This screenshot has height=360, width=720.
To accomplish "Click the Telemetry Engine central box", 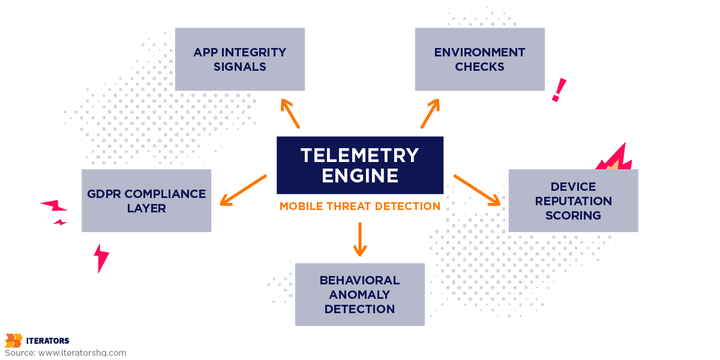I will (x=360, y=165).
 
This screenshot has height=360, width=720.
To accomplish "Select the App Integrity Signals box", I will (x=240, y=59).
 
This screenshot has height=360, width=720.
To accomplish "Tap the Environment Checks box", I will (x=480, y=59).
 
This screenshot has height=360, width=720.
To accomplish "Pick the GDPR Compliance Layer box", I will (x=146, y=201).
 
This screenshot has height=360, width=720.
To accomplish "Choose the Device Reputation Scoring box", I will (x=573, y=201).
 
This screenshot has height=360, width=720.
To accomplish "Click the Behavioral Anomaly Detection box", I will (x=360, y=295).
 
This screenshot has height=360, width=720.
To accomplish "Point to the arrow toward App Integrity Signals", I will (x=290, y=113).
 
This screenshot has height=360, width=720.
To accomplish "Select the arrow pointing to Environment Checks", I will (x=430, y=113).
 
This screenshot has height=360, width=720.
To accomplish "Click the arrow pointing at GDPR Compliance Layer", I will (x=243, y=190).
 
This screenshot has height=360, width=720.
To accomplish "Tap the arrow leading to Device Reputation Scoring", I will (x=477, y=190).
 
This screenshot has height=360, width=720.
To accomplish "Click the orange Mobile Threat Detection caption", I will (x=360, y=206).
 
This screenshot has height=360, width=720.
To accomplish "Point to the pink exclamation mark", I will (x=559, y=90).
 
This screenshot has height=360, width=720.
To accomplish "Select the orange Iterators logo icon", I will (x=13, y=341).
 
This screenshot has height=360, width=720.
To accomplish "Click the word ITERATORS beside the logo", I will (x=48, y=341).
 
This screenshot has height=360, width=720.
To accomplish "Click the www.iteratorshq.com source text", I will (x=82, y=353).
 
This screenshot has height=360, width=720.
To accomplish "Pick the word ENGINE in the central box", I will (x=360, y=176).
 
